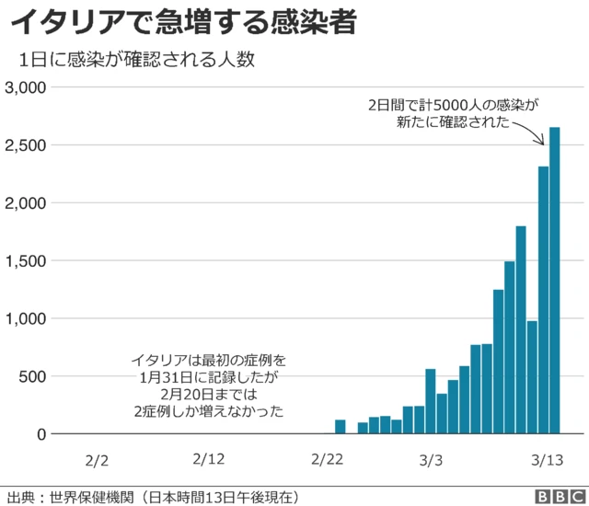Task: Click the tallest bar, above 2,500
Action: tap(555, 276)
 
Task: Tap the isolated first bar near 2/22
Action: tap(340, 427)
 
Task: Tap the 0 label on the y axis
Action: tap(40, 434)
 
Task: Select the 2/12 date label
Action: tap(210, 459)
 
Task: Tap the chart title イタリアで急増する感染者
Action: tap(184, 22)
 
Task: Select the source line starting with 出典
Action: tap(152, 496)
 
